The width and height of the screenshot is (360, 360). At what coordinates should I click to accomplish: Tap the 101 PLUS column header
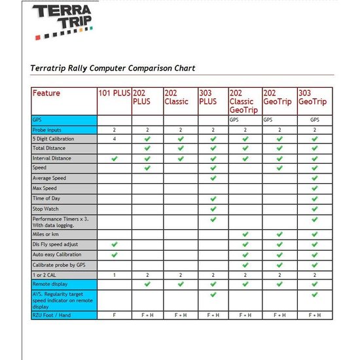pyautogui.click(x=114, y=93)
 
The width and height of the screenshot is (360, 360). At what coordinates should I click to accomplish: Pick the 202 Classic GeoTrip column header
pyautogui.click(x=244, y=101)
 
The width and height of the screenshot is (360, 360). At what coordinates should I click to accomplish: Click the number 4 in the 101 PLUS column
pyautogui.click(x=114, y=139)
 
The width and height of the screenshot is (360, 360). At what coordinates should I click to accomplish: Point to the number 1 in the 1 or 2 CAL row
pyautogui.click(x=114, y=275)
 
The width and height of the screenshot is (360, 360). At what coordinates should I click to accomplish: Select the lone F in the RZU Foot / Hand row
pyautogui.click(x=114, y=315)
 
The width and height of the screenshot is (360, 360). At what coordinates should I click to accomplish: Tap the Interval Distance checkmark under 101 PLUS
pyautogui.click(x=115, y=158)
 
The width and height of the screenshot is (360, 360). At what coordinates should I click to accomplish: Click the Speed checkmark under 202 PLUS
pyautogui.click(x=147, y=168)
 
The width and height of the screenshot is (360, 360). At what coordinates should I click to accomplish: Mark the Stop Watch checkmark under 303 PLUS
pyautogui.click(x=213, y=209)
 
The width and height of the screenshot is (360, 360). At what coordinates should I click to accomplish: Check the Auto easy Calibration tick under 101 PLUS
pyautogui.click(x=115, y=254)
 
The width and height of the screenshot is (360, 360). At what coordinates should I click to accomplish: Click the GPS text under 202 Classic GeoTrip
pyautogui.click(x=234, y=120)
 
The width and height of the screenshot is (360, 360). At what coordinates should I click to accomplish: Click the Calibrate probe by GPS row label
pyautogui.click(x=58, y=265)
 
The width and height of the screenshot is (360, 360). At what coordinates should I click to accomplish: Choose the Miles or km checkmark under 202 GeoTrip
pyautogui.click(x=279, y=234)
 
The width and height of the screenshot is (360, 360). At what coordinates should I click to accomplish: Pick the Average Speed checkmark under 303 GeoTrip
pyautogui.click(x=315, y=178)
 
